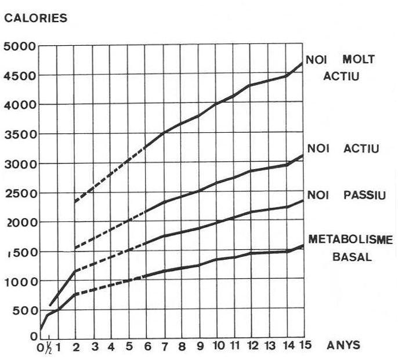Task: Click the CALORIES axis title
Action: click(35, 19)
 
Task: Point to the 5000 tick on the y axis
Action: click(20, 46)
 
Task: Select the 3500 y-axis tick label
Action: click(20, 134)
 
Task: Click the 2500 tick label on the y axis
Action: click(20, 193)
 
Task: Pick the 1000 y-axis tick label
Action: click(20, 281)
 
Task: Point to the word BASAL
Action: click(352, 256)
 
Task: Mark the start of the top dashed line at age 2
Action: click(75, 202)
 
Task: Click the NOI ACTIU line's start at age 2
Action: click(75, 249)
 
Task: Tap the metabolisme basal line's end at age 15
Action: click(303, 245)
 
